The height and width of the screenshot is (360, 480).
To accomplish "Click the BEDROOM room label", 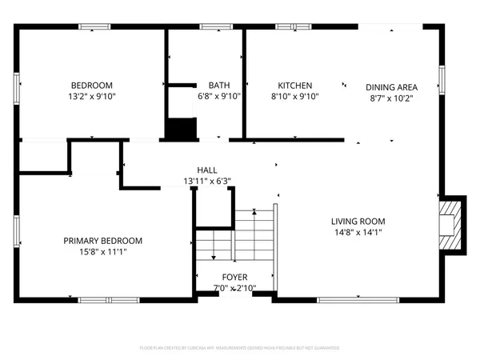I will coord(92,86).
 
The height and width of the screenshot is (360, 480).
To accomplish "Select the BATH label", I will coord(218,86).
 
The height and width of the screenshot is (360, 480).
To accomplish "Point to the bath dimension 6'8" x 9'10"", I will coord(218,96).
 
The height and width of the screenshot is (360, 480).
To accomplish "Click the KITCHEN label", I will coord(294,86).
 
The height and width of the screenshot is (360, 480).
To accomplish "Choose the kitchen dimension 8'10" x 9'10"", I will coord(294,96).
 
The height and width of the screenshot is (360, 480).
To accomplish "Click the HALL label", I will coord(207,170).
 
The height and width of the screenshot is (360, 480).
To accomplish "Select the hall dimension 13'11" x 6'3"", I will coord(207,181).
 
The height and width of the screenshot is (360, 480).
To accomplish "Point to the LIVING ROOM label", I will coord(358,222).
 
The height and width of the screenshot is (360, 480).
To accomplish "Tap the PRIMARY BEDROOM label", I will coord(103,241).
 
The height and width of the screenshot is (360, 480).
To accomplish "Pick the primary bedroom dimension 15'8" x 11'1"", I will coord(103,251).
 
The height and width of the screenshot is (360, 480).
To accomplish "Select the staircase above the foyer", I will coord(244,235).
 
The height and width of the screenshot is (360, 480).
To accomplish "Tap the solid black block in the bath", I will coord(181,129).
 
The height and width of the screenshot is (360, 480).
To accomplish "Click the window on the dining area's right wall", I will coord(441,80).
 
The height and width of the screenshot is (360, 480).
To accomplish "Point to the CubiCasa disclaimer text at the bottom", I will coord(239,348).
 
